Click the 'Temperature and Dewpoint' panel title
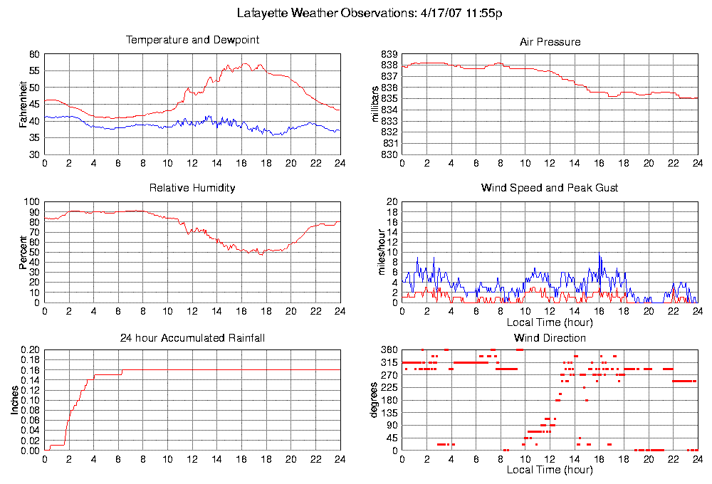(x=192, y=40)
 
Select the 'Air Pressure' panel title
(x=550, y=42)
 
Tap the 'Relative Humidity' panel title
(x=192, y=188)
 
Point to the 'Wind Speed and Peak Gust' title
(x=550, y=188)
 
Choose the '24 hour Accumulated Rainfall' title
(x=192, y=337)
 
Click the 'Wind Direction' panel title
(x=550, y=337)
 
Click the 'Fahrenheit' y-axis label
(x=23, y=105)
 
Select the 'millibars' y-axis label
(x=377, y=105)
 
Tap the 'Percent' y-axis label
(x=23, y=252)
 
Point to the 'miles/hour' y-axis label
(x=377, y=252)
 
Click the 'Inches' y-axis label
(x=15, y=401)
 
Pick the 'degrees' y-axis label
(x=375, y=401)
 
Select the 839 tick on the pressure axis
(x=389, y=54)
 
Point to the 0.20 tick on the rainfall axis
(x=31, y=350)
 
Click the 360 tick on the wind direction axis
(x=389, y=350)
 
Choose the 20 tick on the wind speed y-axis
(x=391, y=202)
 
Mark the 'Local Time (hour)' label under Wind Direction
(x=550, y=470)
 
